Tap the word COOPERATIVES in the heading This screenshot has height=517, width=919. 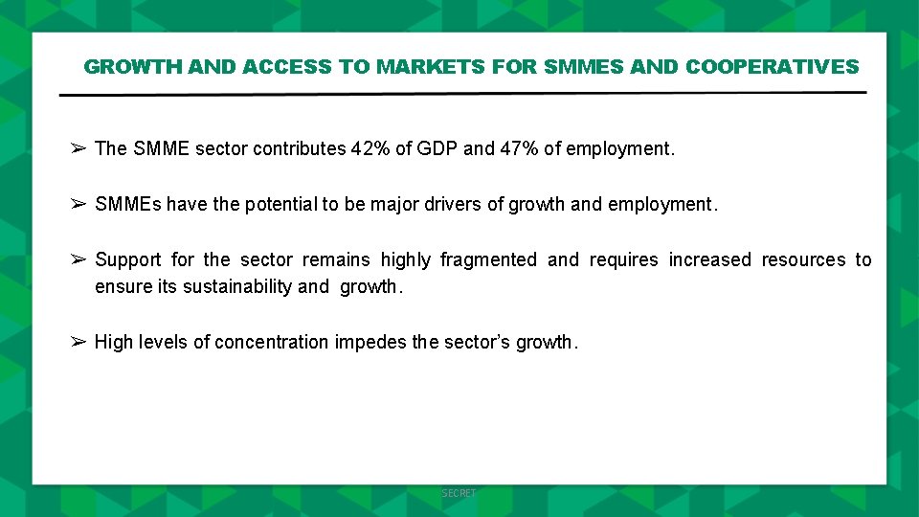773,67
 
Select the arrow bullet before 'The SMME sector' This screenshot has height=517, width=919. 78,148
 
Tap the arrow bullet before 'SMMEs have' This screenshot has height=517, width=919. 78,204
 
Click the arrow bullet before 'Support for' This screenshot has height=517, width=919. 78,259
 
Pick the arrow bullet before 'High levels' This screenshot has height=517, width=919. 78,342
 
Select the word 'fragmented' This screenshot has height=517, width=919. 488,259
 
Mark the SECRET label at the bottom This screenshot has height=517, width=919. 459,493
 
